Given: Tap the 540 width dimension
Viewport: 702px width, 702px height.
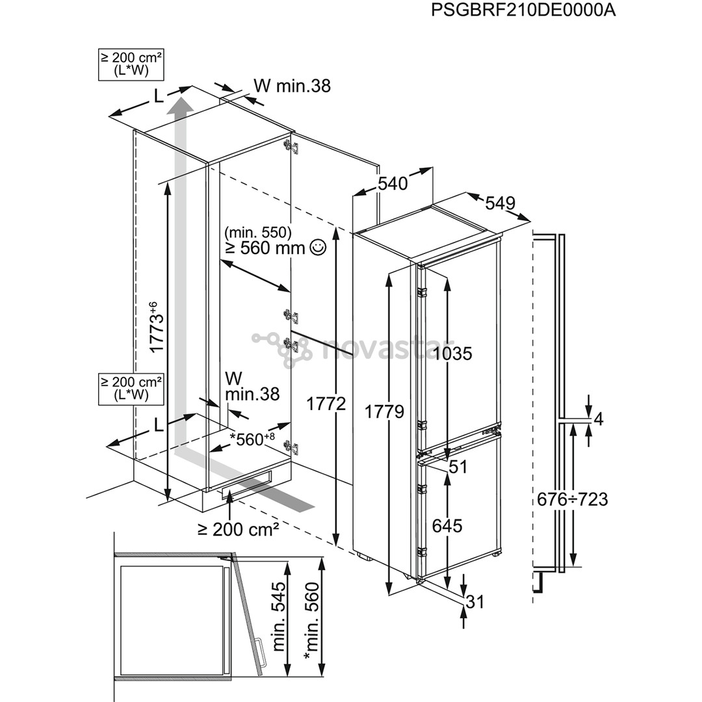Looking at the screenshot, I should coord(393,184).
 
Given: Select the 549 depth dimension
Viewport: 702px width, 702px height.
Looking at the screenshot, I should coord(500,203).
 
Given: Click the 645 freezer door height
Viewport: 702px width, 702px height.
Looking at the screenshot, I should coord(447,525).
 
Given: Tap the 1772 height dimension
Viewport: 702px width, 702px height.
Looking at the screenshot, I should coord(325,403).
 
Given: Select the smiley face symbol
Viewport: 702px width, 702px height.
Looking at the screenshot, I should coord(318,247).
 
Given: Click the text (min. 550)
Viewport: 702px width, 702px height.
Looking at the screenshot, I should coord(259,231).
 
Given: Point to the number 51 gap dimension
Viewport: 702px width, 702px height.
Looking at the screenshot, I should coord(458,467).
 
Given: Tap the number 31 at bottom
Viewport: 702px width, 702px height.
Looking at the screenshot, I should coord(475,603).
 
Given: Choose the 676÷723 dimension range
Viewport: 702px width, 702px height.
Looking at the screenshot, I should coord(572,499).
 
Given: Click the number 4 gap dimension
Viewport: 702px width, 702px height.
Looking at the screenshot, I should coord(599,419).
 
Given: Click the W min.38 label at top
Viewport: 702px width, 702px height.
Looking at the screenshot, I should coord(292,85).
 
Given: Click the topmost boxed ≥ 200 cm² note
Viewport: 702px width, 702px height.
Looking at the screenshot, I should coord(130,66).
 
